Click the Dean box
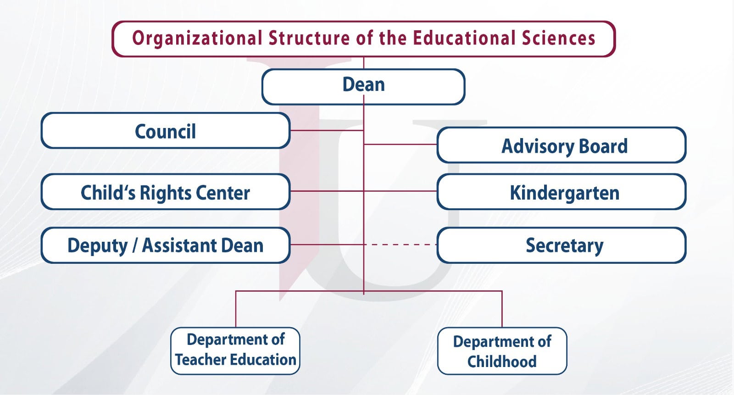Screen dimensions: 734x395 coord(363,87)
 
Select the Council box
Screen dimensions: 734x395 coord(166,130)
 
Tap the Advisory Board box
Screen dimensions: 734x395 coord(562,145)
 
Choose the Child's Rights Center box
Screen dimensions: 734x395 coord(166,192)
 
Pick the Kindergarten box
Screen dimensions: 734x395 coord(562,192)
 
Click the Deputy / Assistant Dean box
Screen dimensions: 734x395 coord(166,245)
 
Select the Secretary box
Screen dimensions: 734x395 coord(562,245)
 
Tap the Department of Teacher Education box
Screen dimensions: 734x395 coord(235,351)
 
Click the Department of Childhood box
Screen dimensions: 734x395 coord(502,351)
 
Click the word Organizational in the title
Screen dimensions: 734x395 coord(197,39)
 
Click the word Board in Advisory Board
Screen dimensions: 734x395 coord(603,146)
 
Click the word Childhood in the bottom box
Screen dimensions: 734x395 coord(502,362)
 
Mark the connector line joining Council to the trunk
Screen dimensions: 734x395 coord(327,130)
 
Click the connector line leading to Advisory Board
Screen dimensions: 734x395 coord(400,144)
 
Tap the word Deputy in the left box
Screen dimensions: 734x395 coord(97,246)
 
